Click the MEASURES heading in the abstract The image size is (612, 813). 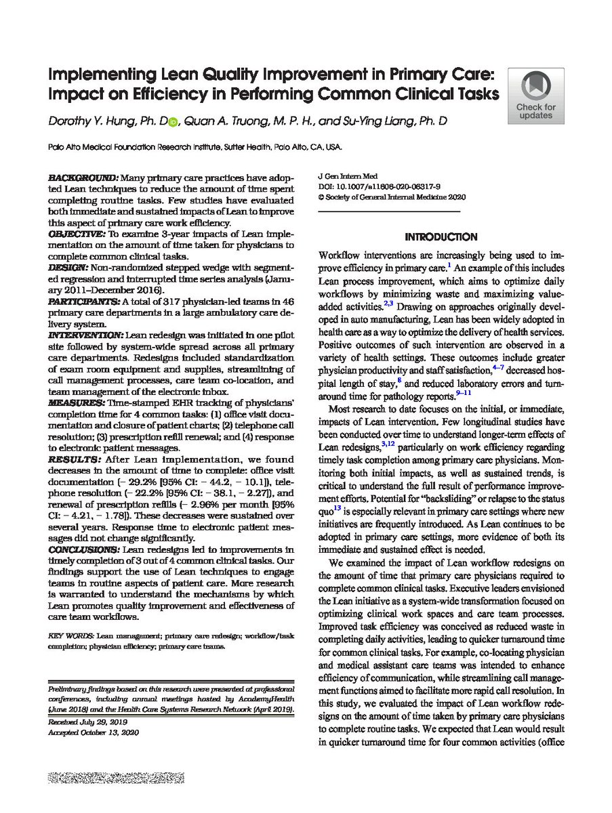[x=75, y=402]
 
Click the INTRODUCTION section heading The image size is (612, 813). [x=441, y=237]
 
